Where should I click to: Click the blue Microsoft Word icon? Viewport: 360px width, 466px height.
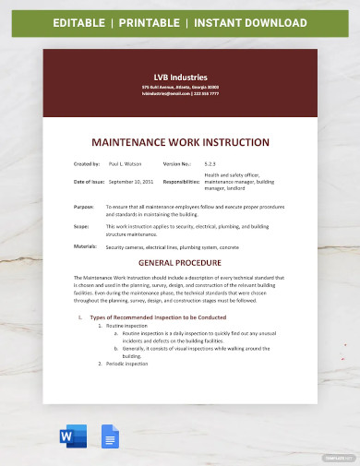(74, 437)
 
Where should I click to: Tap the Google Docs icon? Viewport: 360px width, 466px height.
(108, 437)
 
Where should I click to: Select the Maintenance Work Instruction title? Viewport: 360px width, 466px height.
(180, 143)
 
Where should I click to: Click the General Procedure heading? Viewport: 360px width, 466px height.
(180, 261)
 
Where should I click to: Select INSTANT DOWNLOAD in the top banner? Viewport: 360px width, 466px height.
(253, 21)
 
